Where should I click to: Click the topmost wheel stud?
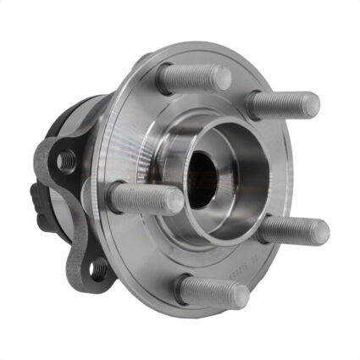pos(193,78)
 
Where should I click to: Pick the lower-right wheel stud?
pos(293,229)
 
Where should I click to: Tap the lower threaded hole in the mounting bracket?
pos(98,269)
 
